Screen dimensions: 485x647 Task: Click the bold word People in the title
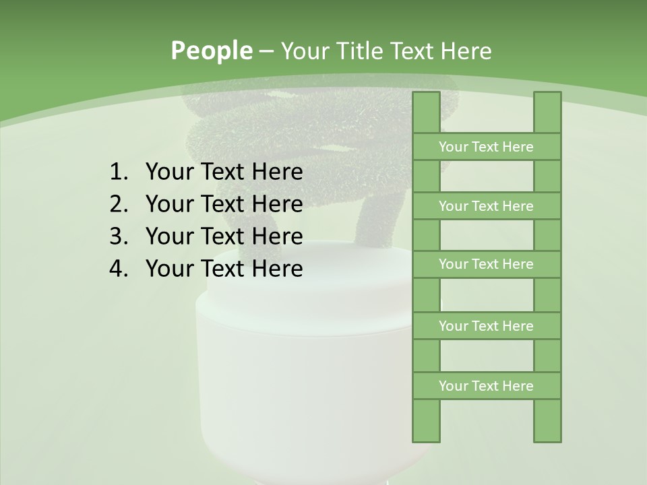(x=211, y=51)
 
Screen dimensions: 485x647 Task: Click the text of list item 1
(x=224, y=172)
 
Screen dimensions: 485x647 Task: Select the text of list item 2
(x=224, y=204)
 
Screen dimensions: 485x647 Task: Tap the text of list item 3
(x=224, y=236)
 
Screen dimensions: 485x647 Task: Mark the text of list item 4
(x=224, y=269)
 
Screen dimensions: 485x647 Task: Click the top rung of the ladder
(x=487, y=147)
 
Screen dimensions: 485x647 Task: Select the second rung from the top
(x=487, y=206)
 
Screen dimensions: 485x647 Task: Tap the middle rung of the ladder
(x=487, y=264)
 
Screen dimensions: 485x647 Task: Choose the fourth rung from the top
(x=487, y=326)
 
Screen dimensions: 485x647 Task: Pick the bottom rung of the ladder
(x=487, y=386)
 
